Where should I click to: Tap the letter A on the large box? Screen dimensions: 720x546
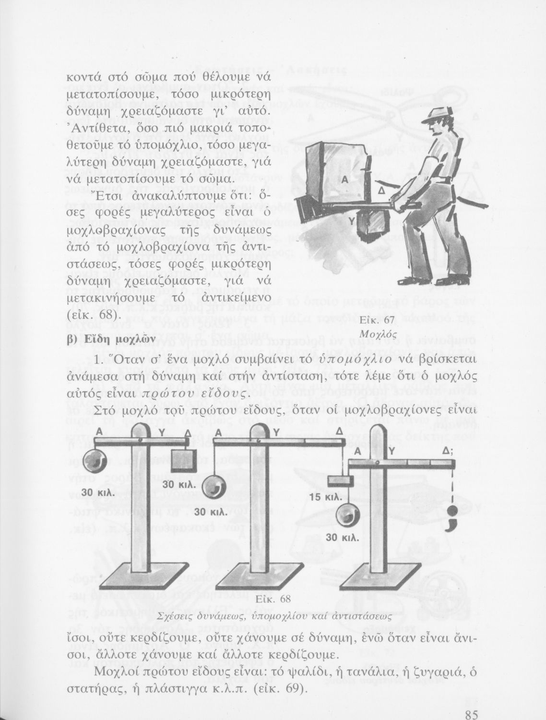pos(344,178)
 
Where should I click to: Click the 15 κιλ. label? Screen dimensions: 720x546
pos(325,497)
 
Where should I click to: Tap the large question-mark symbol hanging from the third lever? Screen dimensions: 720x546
pos(451,517)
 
